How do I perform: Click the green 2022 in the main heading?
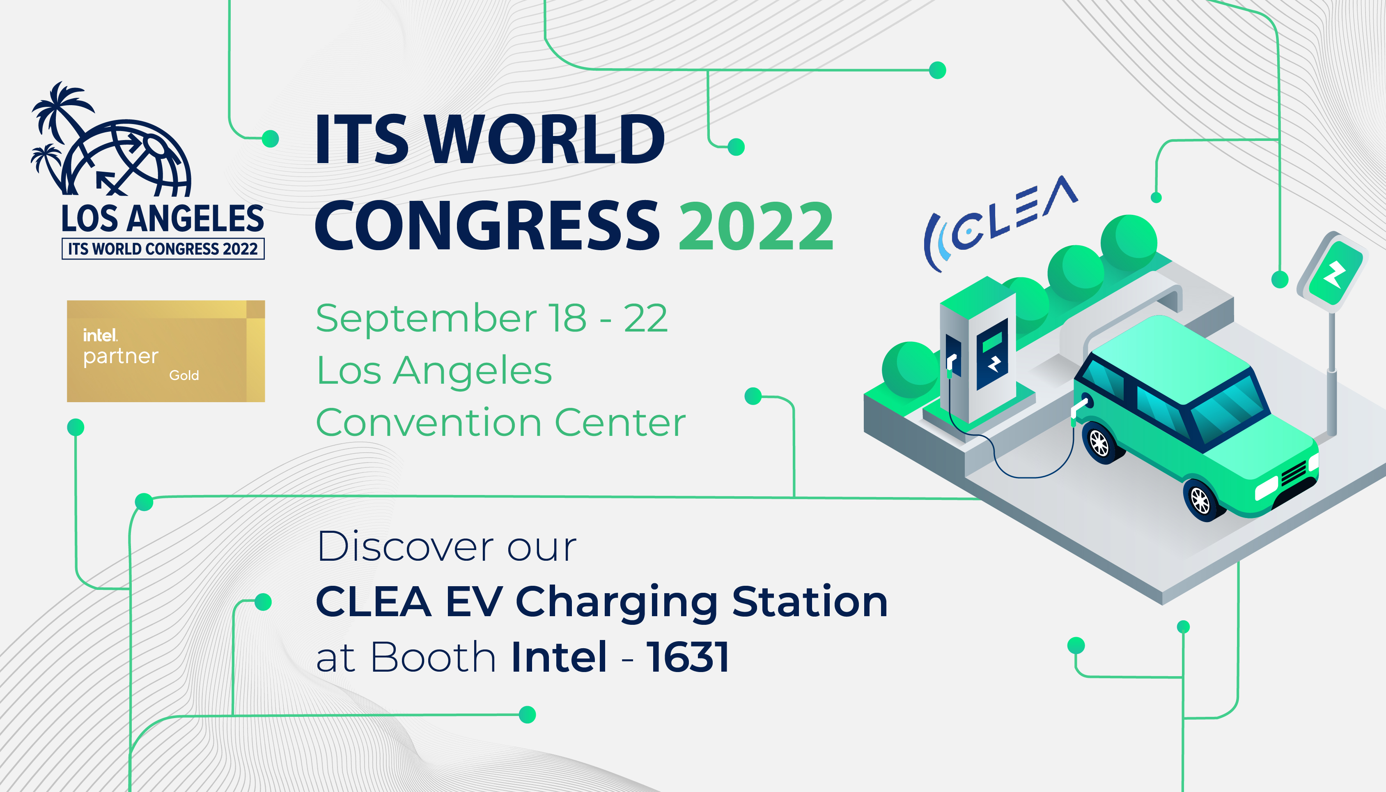point(755,226)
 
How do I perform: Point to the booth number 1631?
point(688,657)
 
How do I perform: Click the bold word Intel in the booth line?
point(559,657)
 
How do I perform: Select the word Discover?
point(405,547)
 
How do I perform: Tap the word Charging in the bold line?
point(616,602)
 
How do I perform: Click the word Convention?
point(428,423)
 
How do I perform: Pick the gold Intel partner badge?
point(166,351)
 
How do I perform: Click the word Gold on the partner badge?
point(184,375)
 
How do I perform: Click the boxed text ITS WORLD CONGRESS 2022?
point(163,249)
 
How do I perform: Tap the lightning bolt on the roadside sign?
point(1334,274)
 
